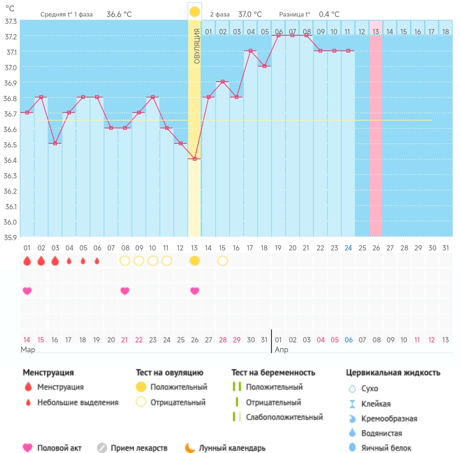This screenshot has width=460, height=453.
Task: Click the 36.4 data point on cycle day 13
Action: coord(195,159)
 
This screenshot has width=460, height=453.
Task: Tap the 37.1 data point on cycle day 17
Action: coord(250,51)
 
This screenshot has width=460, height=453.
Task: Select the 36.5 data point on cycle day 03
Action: coord(55,143)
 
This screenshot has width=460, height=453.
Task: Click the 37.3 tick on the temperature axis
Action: coord(11,22)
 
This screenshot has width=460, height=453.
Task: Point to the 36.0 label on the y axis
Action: coord(10,222)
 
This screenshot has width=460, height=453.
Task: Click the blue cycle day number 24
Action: coord(348,248)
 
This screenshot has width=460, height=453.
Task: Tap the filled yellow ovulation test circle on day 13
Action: coord(195,261)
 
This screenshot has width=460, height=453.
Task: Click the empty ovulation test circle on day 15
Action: coord(223,261)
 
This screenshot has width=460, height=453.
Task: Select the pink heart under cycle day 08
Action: coord(125,291)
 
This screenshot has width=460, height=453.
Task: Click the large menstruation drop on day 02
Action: coord(41,261)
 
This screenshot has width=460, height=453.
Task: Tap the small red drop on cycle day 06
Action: coord(97,261)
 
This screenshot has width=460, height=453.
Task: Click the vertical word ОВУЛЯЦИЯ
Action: coord(197,46)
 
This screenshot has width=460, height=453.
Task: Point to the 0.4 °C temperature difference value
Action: coord(329,14)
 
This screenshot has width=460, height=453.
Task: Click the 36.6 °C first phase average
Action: coord(119,14)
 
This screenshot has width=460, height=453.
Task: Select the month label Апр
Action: coord(282,350)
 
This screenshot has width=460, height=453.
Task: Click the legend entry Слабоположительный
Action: coord(284,417)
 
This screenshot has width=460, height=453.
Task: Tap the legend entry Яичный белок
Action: coord(386,448)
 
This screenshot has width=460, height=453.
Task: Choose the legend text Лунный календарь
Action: coord(232,448)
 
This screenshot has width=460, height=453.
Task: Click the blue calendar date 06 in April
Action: coord(349,340)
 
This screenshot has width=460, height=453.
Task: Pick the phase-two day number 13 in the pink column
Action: coord(376,32)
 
